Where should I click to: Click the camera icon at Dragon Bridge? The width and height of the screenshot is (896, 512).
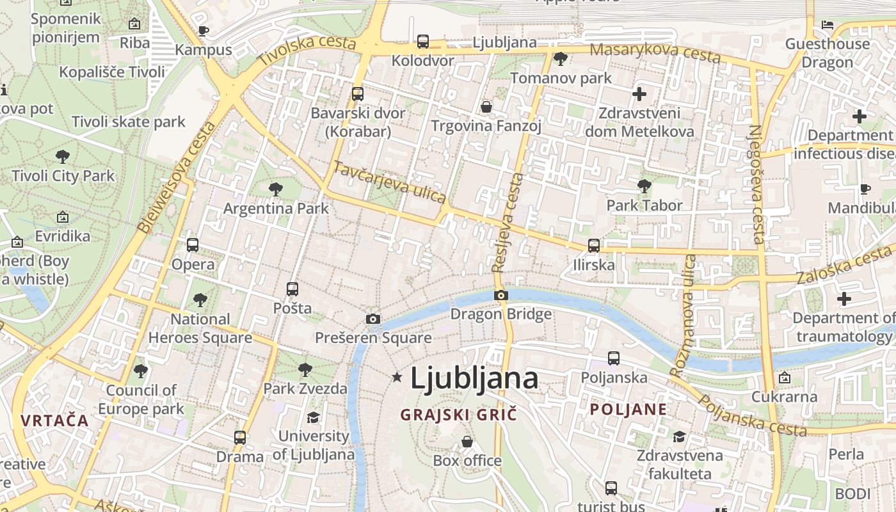pos(501,295)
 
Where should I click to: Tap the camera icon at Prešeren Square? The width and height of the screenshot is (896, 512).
pos(372,319)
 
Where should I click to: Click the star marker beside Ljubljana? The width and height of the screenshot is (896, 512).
pos(397,378)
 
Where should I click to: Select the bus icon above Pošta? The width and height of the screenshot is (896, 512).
pos(292,289)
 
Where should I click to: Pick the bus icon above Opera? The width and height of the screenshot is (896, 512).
pos(193,244)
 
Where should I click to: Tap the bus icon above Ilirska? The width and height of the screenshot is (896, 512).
pos(594,245)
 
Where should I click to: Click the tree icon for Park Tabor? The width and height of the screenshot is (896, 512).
pos(644,186)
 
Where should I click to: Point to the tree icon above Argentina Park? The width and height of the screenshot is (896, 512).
pos(276,189)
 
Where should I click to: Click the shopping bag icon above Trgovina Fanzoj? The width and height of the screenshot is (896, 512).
pos(486,106)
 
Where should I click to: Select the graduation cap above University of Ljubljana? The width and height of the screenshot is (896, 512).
pos(313,418)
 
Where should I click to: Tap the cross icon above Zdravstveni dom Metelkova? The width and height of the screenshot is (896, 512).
pos(639,94)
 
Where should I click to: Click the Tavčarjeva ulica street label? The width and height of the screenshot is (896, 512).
pos(389,182)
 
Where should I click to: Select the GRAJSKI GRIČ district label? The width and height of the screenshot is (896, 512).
pos(458,415)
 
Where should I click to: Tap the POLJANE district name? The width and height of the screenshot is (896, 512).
pos(628,410)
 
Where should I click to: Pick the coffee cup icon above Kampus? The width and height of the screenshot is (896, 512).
pos(204,30)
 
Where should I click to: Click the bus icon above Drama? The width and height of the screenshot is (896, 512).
pos(240,438)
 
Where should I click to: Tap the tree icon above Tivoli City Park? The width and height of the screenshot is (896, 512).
pos(63,156)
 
